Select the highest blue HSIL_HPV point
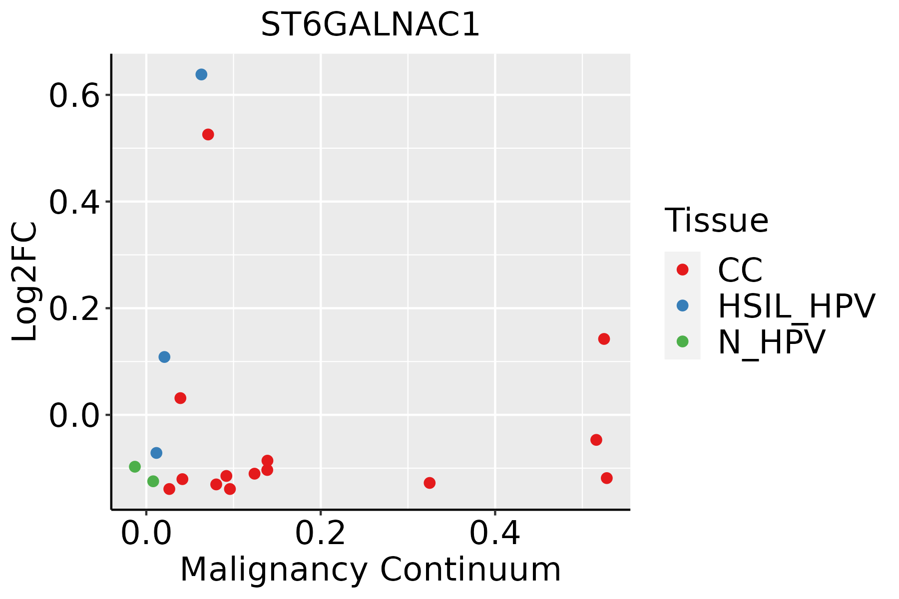tap(201, 75)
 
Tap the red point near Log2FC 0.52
tap(208, 135)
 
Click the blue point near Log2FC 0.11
tap(164, 357)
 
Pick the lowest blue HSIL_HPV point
tap(156, 453)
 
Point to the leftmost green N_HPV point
tap(135, 467)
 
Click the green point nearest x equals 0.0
tap(153, 481)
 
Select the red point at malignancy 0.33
tap(430, 483)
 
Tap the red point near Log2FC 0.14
tap(604, 339)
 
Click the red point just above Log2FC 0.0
tap(180, 398)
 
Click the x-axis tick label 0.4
tap(494, 534)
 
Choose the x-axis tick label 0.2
tap(320, 534)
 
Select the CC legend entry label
tap(740, 270)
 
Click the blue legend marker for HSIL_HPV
tap(682, 305)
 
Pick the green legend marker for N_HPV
tap(682, 341)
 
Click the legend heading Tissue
tap(716, 221)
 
